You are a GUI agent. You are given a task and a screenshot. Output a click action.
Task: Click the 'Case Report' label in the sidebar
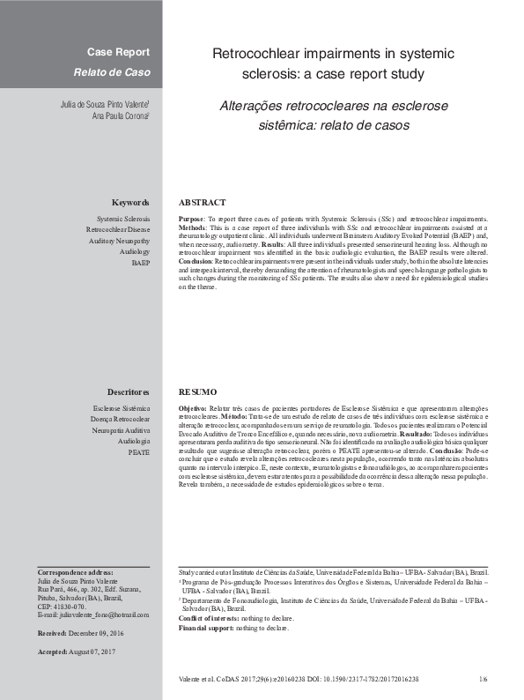118,52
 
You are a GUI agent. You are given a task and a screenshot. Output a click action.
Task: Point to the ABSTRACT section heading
202,203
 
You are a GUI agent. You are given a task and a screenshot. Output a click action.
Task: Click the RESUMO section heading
197,391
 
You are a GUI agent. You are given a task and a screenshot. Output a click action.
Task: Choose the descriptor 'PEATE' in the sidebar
138,451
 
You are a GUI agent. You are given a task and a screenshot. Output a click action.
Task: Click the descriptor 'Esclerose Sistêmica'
121,408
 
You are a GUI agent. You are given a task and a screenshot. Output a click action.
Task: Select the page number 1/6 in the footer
483,680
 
